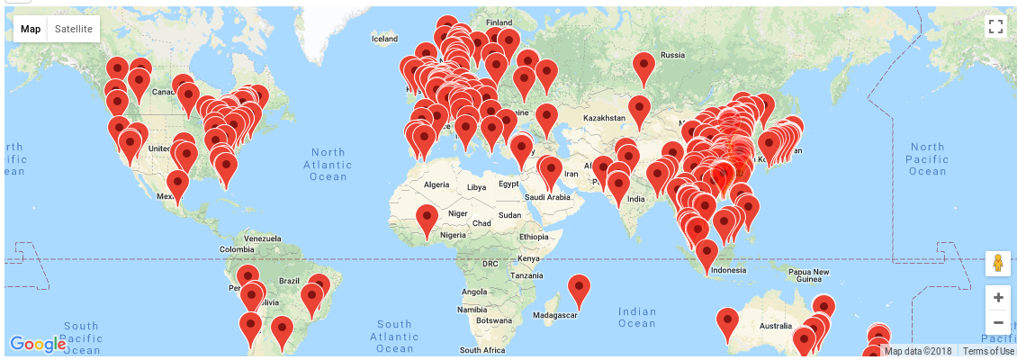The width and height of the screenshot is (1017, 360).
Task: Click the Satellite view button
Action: (x=73, y=29)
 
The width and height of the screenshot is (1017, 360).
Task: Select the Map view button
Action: (x=31, y=29)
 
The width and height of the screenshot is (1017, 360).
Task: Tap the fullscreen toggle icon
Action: (x=995, y=26)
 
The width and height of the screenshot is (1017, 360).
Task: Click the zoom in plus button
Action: (x=997, y=296)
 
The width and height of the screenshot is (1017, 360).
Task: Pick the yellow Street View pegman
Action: (x=997, y=264)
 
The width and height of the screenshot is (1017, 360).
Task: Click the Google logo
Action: (x=38, y=343)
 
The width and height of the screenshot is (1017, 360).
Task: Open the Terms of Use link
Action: (x=988, y=351)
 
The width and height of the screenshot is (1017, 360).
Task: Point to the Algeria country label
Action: (x=436, y=185)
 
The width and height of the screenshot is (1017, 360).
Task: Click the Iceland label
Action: (x=384, y=39)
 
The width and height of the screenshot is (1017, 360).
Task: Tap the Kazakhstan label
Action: (x=603, y=118)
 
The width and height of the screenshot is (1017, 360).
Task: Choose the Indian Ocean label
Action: (x=637, y=318)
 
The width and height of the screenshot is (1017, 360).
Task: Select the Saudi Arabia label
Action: (x=547, y=197)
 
